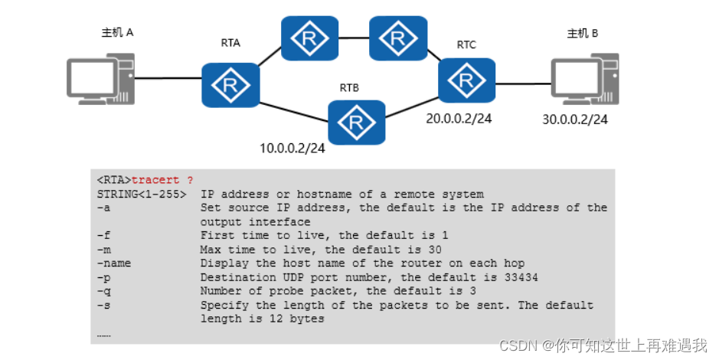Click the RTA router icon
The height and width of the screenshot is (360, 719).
pyautogui.click(x=230, y=85)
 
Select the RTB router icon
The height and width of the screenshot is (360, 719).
pyautogui.click(x=356, y=121)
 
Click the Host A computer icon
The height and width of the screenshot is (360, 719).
pyautogui.click(x=102, y=78)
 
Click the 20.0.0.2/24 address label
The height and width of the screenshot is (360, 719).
pyautogui.click(x=458, y=119)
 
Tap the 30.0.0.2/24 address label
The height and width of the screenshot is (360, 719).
pyautogui.click(x=575, y=119)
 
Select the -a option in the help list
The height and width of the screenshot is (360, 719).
pyautogui.click(x=103, y=208)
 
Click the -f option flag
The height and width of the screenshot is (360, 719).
pyautogui.click(x=103, y=235)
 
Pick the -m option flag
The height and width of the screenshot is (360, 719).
pyautogui.click(x=103, y=249)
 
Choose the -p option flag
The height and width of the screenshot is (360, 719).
pyautogui.click(x=103, y=277)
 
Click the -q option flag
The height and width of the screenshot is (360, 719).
pyautogui.click(x=103, y=290)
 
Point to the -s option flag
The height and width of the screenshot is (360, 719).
pyautogui.click(x=103, y=304)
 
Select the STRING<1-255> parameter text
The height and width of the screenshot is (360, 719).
pyautogui.click(x=142, y=194)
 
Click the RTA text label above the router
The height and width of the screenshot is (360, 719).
pyautogui.click(x=230, y=43)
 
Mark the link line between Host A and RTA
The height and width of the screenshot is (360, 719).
pyautogui.click(x=169, y=78)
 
